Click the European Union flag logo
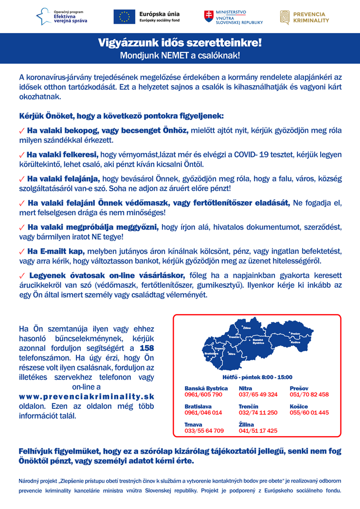[x=124, y=17]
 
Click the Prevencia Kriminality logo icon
[x=285, y=17]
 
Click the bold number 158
[x=147, y=348]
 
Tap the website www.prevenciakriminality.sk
[x=87, y=397]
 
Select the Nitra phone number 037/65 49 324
[x=258, y=394]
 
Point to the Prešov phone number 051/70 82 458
[x=309, y=394]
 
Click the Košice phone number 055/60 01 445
[x=309, y=412]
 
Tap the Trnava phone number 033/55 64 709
[x=204, y=430]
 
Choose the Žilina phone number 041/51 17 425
[x=258, y=430]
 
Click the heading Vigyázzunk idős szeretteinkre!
[x=180, y=43]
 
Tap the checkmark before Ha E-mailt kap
[x=21, y=251]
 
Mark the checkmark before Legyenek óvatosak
[x=21, y=276]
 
